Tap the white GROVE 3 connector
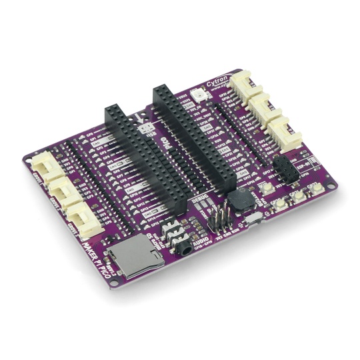point(85,217)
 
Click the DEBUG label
point(198,199)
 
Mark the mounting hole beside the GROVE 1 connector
point(32,159)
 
